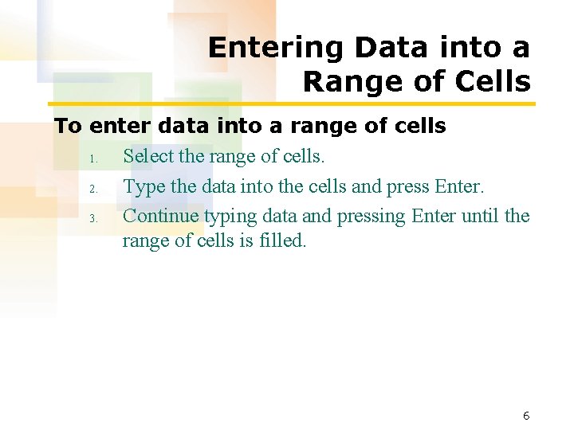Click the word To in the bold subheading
coord(69,127)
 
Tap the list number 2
coord(92,190)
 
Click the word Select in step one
coord(148,157)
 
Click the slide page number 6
coord(526,416)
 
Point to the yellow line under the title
coord(292,104)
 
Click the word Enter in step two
coord(459,187)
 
